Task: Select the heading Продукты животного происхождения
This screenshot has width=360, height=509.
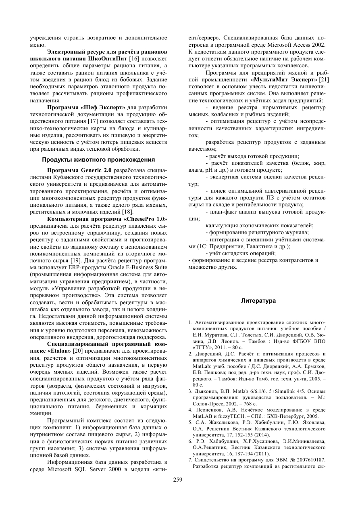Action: pyautogui.click(x=98, y=159)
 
